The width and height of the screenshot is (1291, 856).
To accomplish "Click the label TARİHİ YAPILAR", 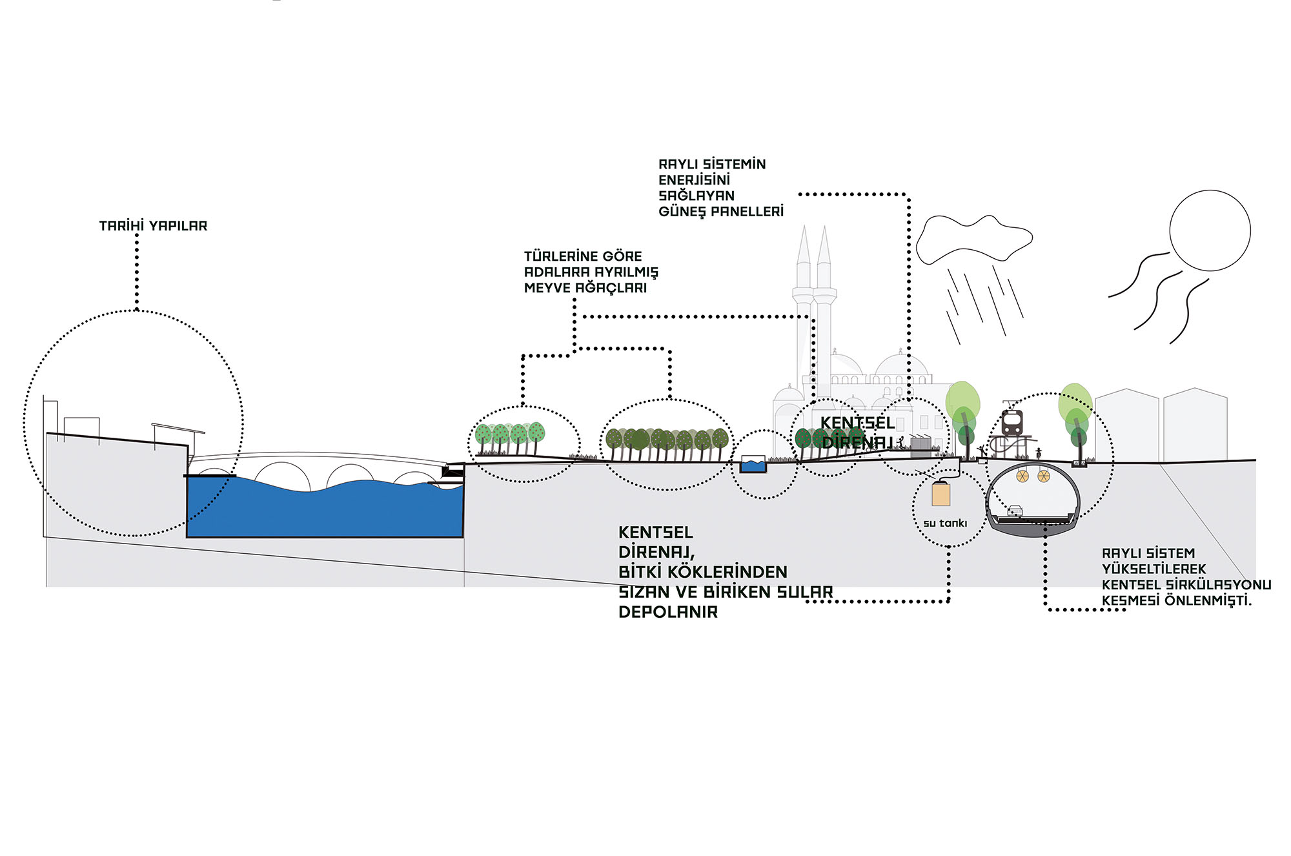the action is click(153, 226).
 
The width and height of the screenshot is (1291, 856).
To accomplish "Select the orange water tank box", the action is click(941, 494).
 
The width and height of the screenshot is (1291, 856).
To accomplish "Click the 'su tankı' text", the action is click(945, 524).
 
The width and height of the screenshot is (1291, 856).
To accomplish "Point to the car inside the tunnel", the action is click(1015, 511).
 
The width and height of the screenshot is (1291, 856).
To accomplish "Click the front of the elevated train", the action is click(1011, 422).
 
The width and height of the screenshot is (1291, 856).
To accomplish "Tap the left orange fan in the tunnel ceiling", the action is click(1022, 476).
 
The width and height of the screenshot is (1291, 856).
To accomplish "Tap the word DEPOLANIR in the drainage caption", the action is click(668, 612).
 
